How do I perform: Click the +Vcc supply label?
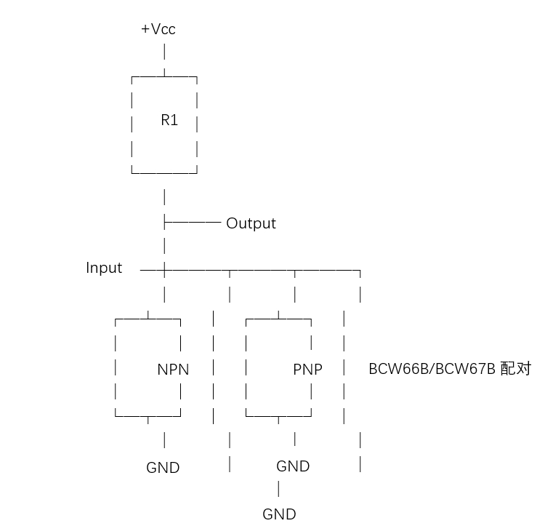point(158,30)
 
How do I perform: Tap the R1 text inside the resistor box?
point(169,121)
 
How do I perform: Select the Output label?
point(251,223)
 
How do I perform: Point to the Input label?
point(104,268)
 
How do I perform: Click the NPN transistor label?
point(173,370)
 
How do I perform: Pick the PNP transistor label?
point(307,370)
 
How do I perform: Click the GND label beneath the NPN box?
point(163,468)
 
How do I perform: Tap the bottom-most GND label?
point(279,514)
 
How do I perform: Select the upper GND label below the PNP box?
point(293,466)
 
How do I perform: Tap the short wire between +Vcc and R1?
point(165,52)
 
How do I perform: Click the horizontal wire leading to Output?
point(194,221)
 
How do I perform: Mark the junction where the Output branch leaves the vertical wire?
point(166,221)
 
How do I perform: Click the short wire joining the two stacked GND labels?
point(278,489)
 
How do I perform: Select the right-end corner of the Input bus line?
point(360,271)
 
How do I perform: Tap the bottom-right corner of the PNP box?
point(311,415)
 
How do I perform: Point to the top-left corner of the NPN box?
point(116,319)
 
